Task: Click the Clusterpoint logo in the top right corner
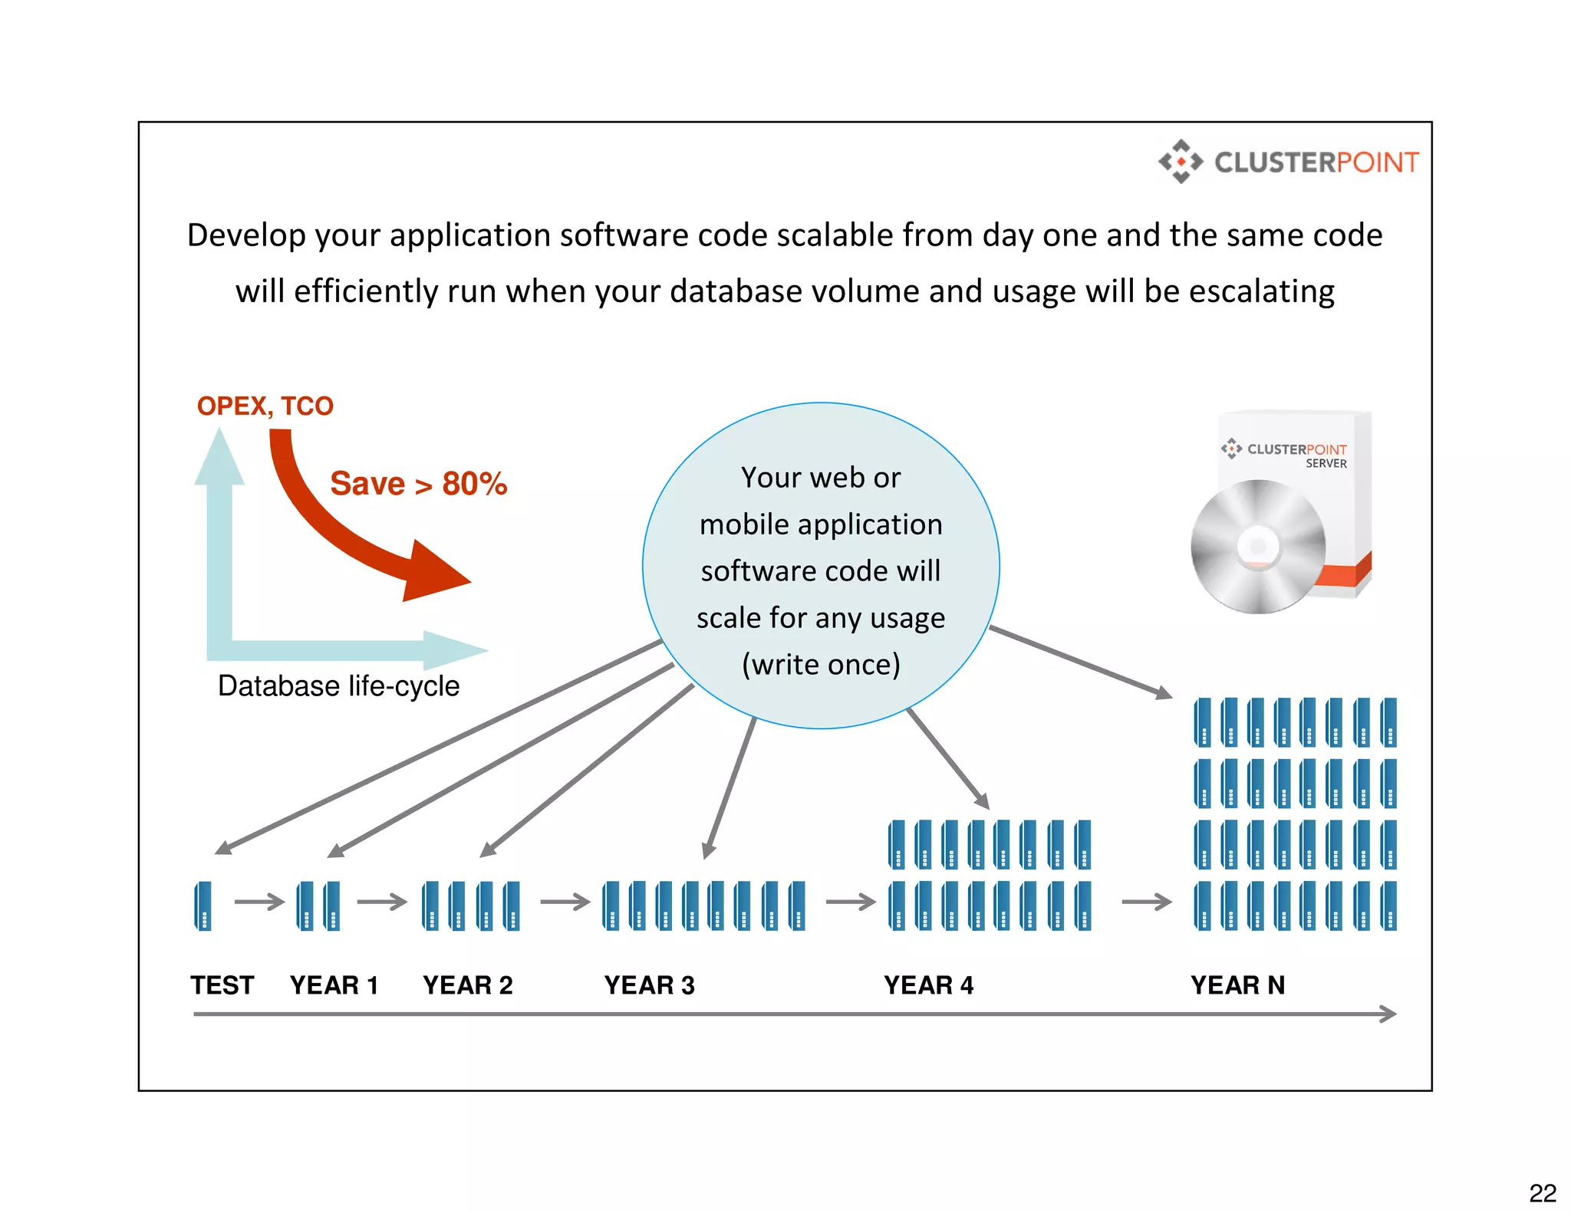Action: tap(1288, 162)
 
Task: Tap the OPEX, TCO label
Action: tap(265, 406)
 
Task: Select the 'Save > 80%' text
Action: tap(418, 484)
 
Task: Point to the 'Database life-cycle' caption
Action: tap(338, 685)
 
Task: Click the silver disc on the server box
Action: tap(1257, 546)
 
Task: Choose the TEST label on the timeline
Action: tap(222, 985)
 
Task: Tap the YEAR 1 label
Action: tap(334, 985)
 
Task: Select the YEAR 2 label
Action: tap(467, 985)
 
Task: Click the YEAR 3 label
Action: tap(649, 985)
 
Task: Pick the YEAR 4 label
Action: tap(928, 985)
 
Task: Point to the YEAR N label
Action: tap(1237, 985)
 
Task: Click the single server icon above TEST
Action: tap(203, 906)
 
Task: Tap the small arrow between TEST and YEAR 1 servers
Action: tap(259, 902)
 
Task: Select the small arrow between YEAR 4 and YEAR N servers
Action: tap(1147, 902)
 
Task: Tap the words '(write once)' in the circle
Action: tap(821, 664)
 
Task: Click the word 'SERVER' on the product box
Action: tap(1326, 463)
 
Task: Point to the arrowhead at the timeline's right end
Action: tap(1388, 1014)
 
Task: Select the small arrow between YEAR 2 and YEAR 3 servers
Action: tap(565, 902)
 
